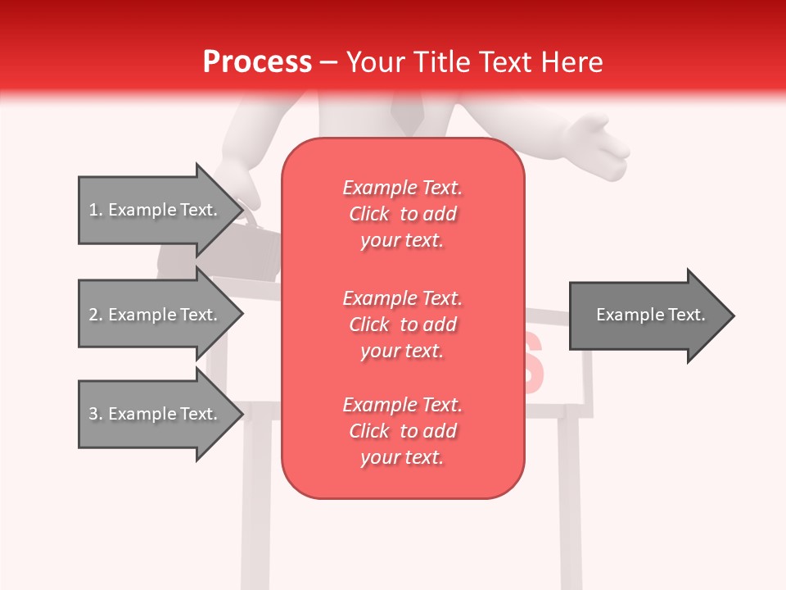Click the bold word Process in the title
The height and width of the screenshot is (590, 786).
coord(257,62)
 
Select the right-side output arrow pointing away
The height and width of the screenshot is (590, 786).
coord(647,315)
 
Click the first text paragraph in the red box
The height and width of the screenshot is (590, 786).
coord(402,214)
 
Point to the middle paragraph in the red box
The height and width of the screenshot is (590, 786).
coord(402,324)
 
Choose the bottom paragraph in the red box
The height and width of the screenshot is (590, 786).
coord(402,431)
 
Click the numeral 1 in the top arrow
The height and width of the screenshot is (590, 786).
coord(93,210)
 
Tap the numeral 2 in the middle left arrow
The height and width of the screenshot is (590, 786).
coord(93,315)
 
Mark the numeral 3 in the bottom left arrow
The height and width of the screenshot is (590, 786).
coord(93,414)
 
